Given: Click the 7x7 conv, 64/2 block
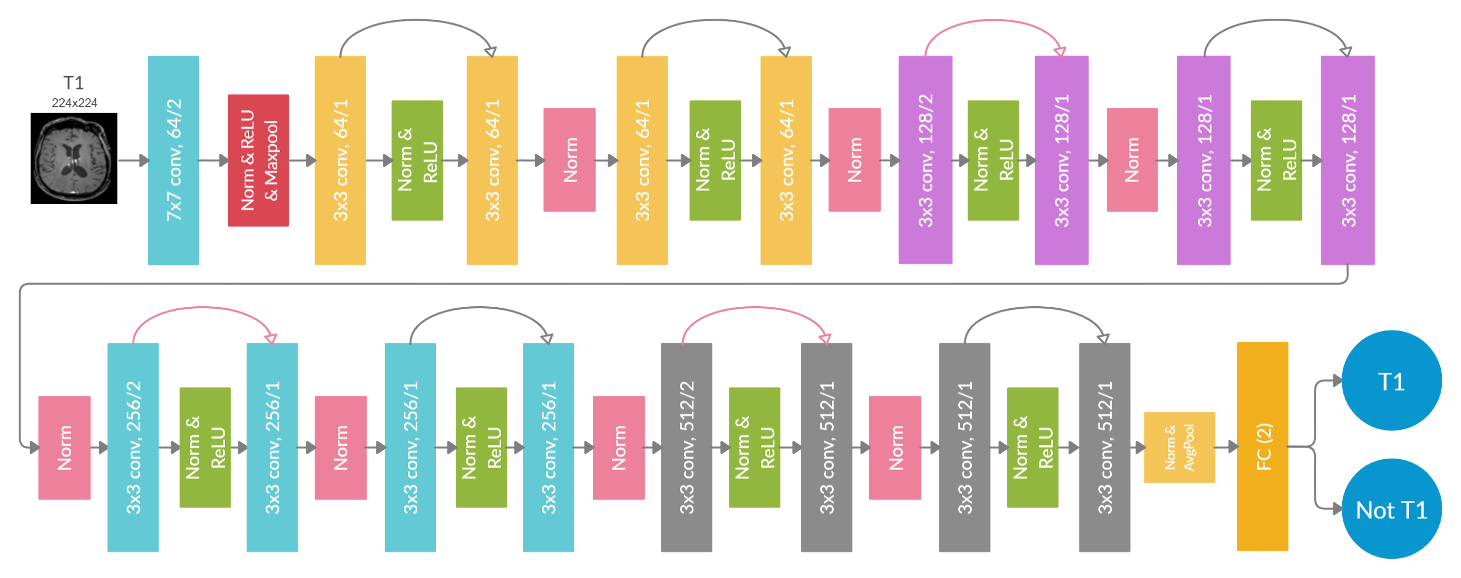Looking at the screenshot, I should click(173, 160).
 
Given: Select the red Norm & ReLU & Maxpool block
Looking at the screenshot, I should click(258, 160).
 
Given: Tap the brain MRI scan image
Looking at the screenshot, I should click(73, 159).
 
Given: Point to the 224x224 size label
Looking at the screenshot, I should click(74, 103).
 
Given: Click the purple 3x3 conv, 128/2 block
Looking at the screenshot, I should click(924, 160).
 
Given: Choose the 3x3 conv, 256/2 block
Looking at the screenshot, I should click(133, 447).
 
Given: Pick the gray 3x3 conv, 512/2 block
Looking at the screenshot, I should click(686, 447).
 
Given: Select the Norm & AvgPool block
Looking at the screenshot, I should click(1179, 447).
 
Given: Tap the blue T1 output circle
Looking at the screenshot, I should click(1391, 381).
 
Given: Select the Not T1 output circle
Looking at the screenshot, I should click(1391, 509).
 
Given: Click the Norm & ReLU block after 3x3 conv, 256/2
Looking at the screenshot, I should click(205, 447).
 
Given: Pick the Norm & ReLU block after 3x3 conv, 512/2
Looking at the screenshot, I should click(754, 447).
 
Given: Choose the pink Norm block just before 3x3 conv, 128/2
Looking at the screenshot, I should click(854, 160).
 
